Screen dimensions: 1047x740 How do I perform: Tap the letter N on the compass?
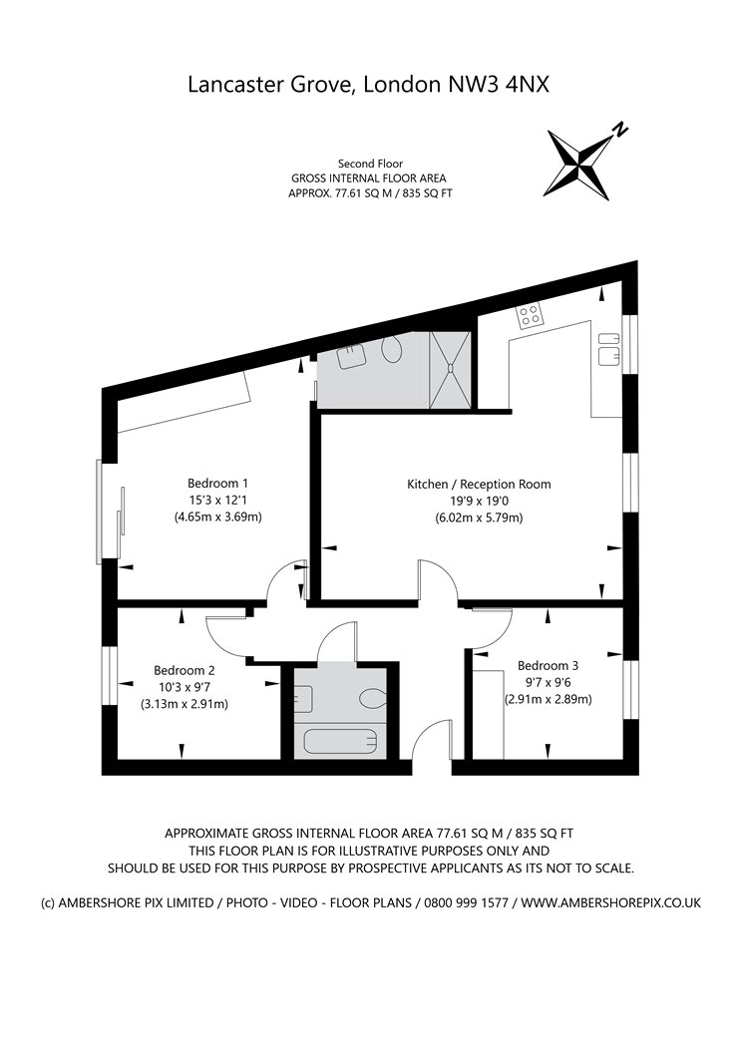point(620,129)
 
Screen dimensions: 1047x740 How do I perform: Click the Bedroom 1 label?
point(217,484)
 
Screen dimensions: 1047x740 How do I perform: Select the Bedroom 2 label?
point(185,670)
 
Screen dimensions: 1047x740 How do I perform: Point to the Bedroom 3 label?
point(548,665)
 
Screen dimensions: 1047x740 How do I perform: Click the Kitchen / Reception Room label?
point(479,485)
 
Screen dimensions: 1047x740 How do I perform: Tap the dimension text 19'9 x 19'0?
point(479,501)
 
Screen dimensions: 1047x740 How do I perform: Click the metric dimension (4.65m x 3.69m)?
point(217,517)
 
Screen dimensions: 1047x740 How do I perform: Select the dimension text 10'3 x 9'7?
point(185,687)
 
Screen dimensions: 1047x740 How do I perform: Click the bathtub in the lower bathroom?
point(341,743)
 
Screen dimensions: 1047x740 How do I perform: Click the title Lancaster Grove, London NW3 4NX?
point(369,85)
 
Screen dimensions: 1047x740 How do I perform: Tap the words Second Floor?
point(370,164)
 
